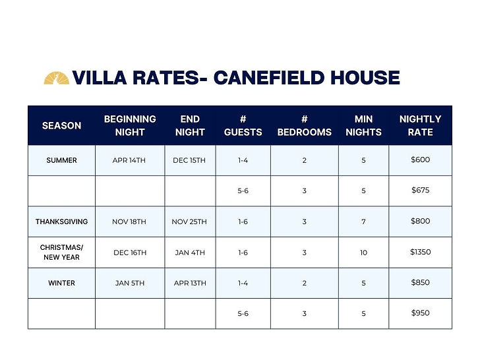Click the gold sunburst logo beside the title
57,78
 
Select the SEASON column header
61,125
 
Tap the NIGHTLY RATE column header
420,125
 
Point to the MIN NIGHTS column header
363,125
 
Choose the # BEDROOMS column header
305,125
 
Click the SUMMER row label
61,160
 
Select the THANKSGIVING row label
61,222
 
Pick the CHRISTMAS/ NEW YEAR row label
61,252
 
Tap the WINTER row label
61,283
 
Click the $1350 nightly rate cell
420,252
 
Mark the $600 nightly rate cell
420,160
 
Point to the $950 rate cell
420,313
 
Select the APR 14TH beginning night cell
130,160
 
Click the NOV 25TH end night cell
189,222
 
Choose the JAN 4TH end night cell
189,253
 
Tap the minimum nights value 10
363,253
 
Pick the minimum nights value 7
363,222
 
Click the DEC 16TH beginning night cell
130,253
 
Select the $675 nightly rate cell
420,191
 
